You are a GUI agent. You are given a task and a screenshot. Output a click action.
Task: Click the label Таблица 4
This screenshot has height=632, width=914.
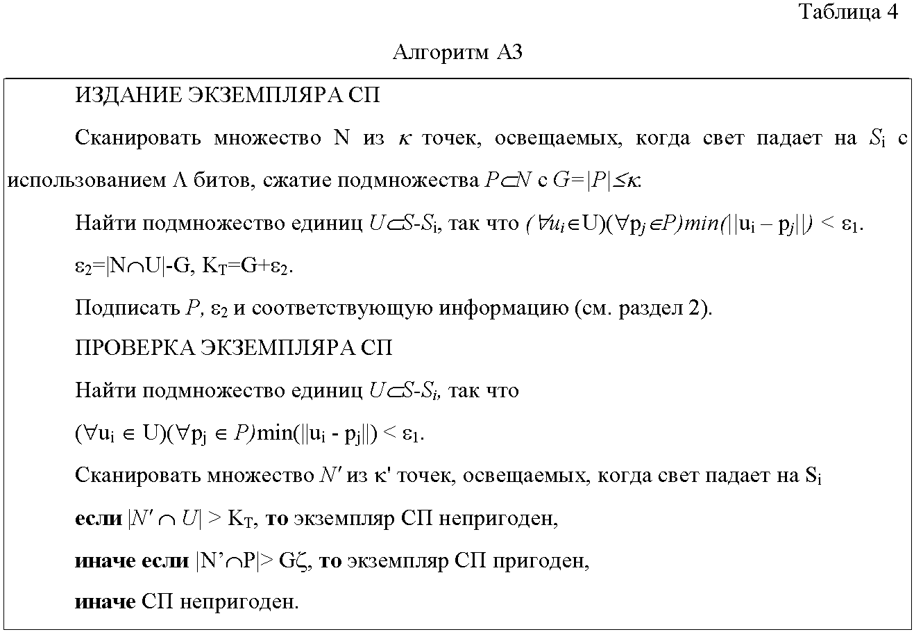tap(848, 12)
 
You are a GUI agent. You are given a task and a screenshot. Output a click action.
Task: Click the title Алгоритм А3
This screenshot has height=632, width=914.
tap(457, 53)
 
